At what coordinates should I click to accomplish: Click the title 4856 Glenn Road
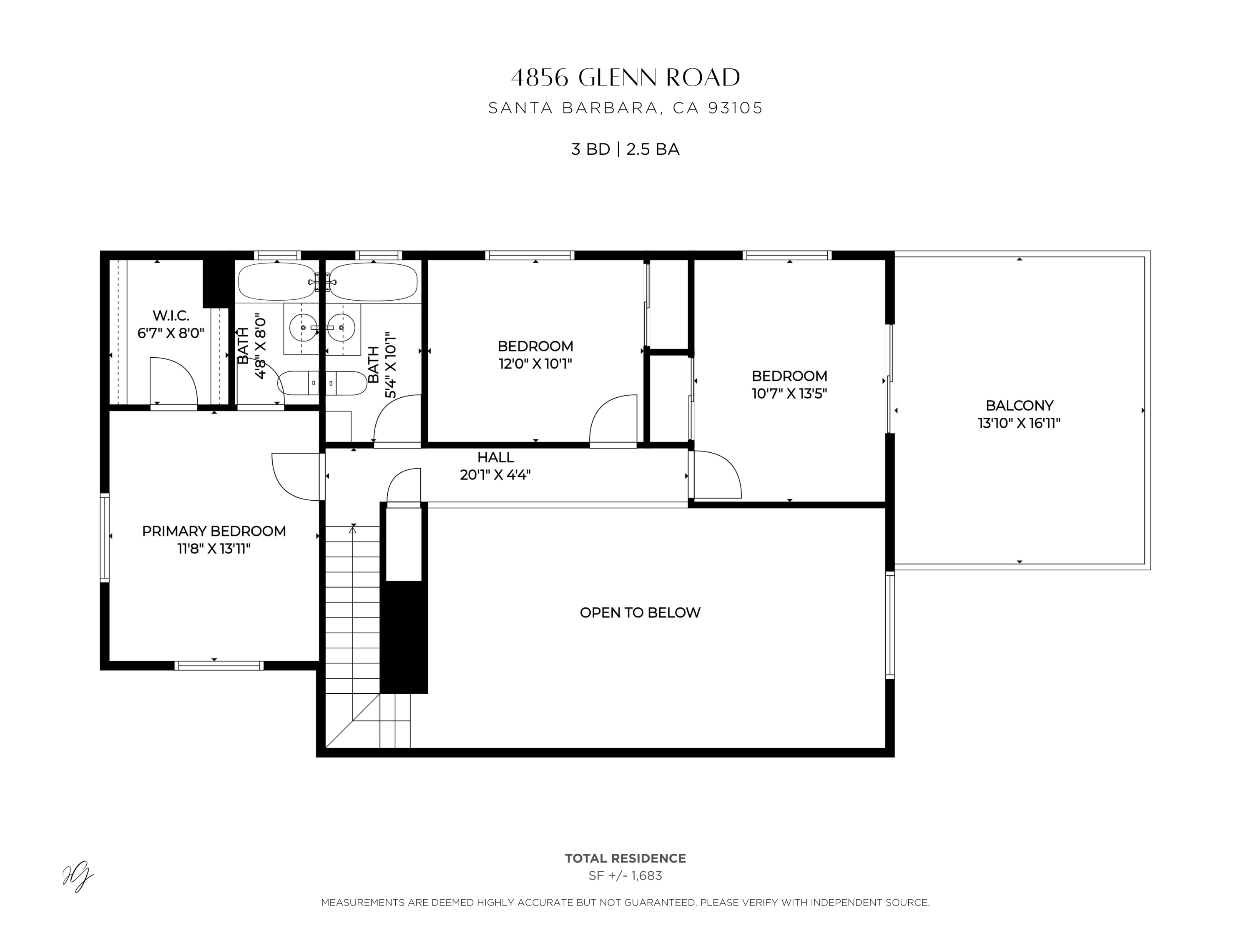tap(625, 78)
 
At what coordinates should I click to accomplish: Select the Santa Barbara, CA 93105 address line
tap(625, 108)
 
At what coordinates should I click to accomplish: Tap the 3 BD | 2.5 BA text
tap(625, 149)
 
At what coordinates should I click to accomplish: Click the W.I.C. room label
tap(171, 316)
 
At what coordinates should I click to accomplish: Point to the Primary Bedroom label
tap(214, 531)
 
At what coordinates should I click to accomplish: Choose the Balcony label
tap(1019, 405)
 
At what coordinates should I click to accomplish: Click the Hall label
tap(495, 457)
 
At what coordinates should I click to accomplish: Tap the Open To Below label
tap(640, 612)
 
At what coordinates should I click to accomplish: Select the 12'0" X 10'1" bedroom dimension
tap(535, 364)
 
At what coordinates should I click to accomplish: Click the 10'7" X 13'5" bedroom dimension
tap(789, 394)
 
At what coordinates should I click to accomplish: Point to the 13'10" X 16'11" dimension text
tap(1019, 423)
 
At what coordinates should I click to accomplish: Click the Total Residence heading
tap(625, 858)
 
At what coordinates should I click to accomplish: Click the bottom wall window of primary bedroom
tap(219, 665)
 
